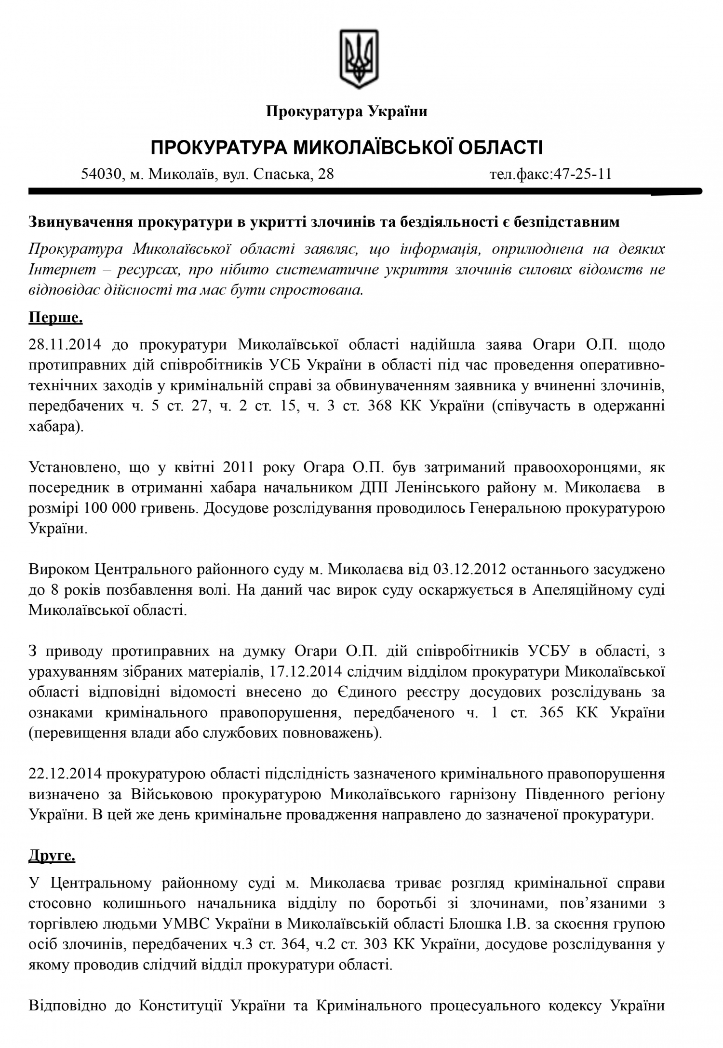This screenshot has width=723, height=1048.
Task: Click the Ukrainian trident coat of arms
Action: coord(359,58)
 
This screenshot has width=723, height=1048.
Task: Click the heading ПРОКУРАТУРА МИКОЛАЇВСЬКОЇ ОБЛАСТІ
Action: coord(347,147)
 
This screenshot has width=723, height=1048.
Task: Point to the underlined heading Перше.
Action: coord(56,319)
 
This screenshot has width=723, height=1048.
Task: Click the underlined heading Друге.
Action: coord(52,856)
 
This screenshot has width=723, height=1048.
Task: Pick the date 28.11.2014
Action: coord(65,345)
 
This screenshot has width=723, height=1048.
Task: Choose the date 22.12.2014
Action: coord(66,774)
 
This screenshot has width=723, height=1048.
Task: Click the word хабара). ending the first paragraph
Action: coord(56,427)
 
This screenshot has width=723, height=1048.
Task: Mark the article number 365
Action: coord(551,712)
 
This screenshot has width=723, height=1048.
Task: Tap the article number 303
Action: coord(373,944)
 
